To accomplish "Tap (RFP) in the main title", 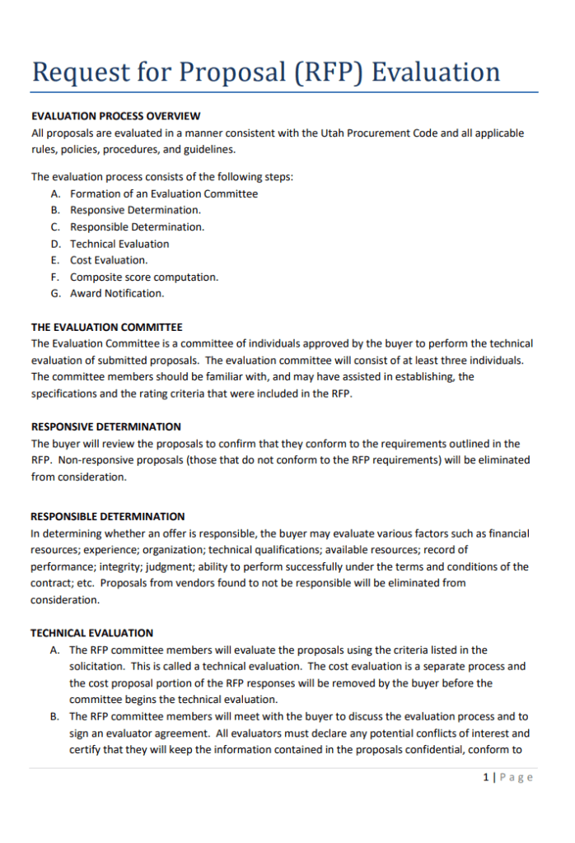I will point(326,72).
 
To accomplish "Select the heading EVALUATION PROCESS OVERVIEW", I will point(115,116).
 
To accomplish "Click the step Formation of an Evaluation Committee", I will point(164,194).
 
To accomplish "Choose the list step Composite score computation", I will point(144,277).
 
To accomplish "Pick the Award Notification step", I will point(117,294).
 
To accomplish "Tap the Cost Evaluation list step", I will point(109,260).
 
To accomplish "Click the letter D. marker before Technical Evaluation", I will point(55,244).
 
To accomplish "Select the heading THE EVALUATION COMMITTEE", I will point(106,328).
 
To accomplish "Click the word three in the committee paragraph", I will point(451,361).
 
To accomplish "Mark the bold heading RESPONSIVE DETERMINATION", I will point(105,427).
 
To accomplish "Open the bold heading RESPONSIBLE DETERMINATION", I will point(108,517).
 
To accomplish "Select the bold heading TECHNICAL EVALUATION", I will point(91,633).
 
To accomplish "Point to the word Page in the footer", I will point(517,777).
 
